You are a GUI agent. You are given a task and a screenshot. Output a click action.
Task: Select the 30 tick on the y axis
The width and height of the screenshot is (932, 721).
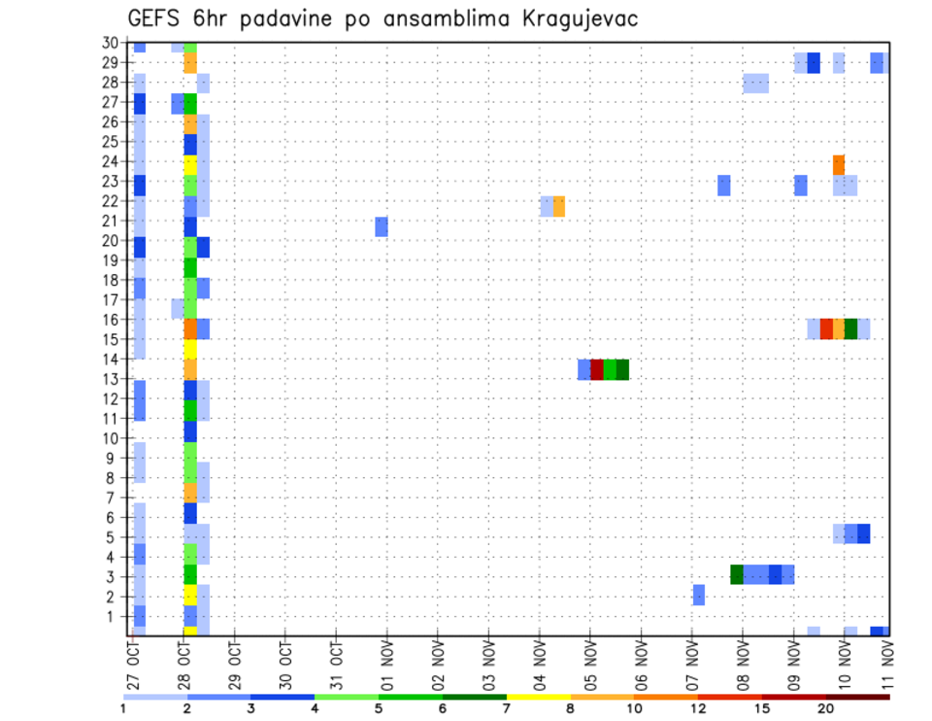[110, 43]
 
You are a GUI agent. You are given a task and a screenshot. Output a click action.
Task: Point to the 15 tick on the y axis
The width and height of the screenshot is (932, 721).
[110, 339]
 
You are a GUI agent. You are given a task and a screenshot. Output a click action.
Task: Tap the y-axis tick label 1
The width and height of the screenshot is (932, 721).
[114, 616]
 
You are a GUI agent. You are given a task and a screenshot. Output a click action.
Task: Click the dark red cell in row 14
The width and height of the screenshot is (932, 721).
[597, 369]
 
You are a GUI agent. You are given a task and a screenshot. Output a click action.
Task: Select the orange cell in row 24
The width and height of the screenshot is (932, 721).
[839, 165]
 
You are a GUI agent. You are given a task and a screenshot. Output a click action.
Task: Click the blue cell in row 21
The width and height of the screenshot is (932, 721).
[382, 226]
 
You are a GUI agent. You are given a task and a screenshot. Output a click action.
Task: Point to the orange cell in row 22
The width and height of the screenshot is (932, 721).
[559, 206]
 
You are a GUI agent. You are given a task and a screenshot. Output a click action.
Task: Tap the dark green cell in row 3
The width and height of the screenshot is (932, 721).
[737, 574]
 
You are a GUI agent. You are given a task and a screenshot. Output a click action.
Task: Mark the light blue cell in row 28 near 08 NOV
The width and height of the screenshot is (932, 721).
[756, 84]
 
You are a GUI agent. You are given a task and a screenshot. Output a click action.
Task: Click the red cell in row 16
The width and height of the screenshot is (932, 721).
[826, 328]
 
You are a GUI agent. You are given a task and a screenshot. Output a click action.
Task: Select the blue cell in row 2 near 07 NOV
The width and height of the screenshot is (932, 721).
[699, 595]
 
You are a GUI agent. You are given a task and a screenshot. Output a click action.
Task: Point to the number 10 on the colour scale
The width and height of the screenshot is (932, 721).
[635, 708]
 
